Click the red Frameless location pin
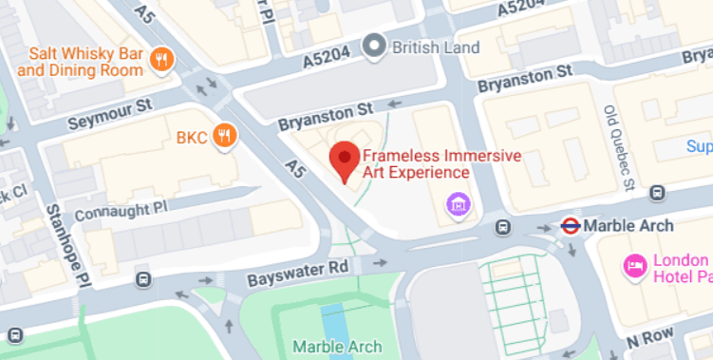[x=343, y=160]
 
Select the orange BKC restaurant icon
[x=224, y=136]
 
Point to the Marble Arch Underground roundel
[x=571, y=226]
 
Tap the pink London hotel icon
[x=632, y=265]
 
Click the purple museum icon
[x=459, y=202]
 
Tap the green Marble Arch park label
[x=337, y=346]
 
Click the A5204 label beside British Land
[x=328, y=58]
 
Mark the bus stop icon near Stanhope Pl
[x=143, y=279]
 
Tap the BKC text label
[x=191, y=137]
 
